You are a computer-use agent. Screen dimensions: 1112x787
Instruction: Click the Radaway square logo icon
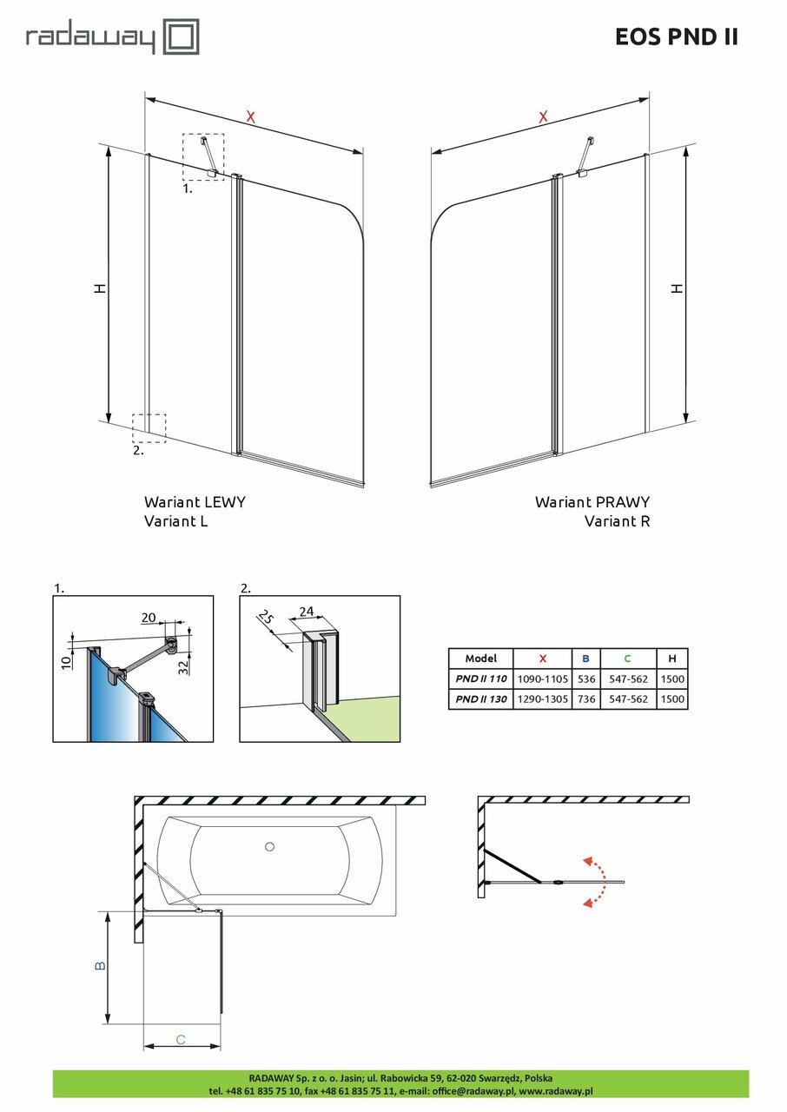(x=183, y=38)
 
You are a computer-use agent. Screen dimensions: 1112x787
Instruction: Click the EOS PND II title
(x=676, y=36)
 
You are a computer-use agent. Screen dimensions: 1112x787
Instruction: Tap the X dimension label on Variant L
(x=251, y=117)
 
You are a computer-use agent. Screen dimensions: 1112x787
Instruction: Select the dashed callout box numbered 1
(x=203, y=156)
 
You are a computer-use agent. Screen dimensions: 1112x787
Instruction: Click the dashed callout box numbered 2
(x=149, y=427)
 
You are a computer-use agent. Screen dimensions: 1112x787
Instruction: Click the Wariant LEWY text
(x=195, y=502)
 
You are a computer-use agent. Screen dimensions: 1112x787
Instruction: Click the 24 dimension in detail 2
(x=305, y=612)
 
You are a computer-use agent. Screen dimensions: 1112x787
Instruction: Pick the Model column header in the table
(x=480, y=659)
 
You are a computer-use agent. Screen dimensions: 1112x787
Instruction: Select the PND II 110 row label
(x=480, y=678)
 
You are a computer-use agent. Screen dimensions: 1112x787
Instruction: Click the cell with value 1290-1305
(x=542, y=698)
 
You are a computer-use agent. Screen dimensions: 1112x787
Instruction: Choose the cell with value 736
(x=585, y=698)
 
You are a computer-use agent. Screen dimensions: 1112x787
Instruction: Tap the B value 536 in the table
(x=585, y=678)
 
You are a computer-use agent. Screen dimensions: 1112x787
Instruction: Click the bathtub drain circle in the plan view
(x=269, y=846)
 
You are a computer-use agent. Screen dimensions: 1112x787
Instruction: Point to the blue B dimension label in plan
(x=100, y=966)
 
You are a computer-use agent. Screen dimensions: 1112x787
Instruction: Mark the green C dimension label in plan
(x=181, y=1039)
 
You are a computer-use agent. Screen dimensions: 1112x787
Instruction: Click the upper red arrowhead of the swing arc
(x=588, y=861)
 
